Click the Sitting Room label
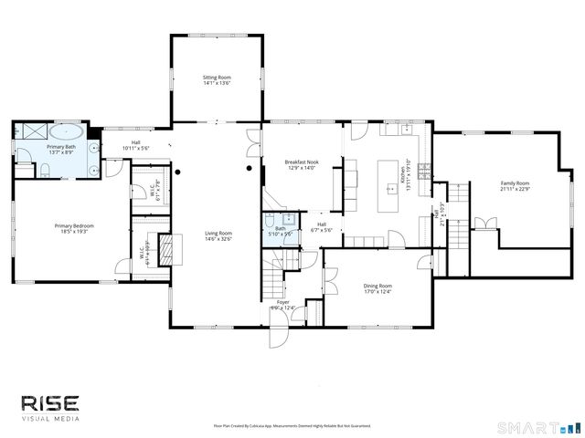point(217,78)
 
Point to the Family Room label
point(515,183)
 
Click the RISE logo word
point(51,403)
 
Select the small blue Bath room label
point(281,228)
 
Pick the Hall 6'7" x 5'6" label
point(322,224)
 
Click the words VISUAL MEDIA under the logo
point(51,419)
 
